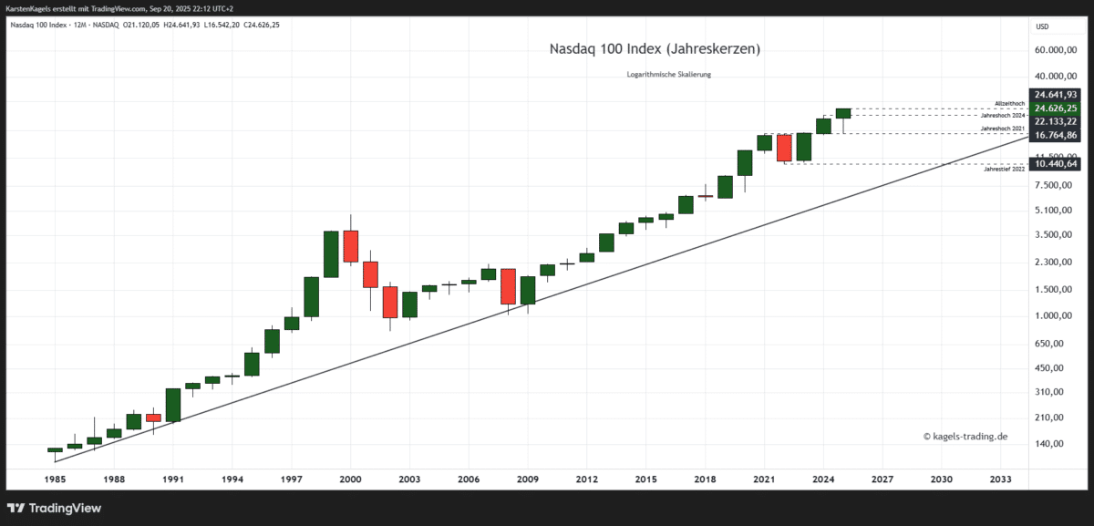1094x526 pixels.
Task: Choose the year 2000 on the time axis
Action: [x=350, y=479]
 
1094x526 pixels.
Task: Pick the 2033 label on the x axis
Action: [x=1000, y=479]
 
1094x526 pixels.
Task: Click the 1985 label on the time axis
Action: [x=54, y=479]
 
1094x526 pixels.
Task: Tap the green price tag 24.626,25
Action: [x=1056, y=108]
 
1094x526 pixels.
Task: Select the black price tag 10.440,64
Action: [x=1056, y=164]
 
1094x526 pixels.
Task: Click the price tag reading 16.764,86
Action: [x=1056, y=135]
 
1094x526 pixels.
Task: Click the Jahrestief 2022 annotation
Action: [x=1005, y=170]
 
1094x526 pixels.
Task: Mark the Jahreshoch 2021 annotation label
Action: [x=1003, y=129]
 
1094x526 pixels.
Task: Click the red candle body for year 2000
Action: [x=350, y=246]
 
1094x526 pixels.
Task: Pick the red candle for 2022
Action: [x=784, y=148]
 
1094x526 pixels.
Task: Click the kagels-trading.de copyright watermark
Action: [x=965, y=437]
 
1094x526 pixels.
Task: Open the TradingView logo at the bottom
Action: [x=55, y=508]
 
